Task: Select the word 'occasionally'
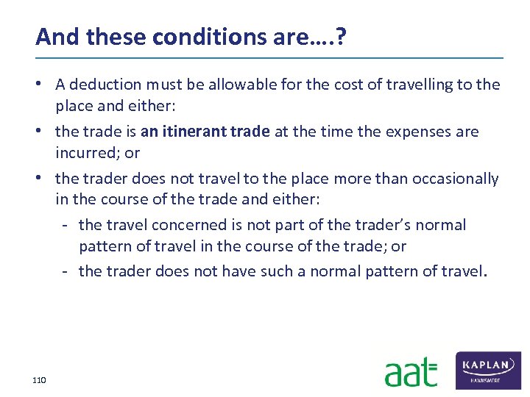(456, 179)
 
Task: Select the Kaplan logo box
(490, 370)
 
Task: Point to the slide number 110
(39, 380)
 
